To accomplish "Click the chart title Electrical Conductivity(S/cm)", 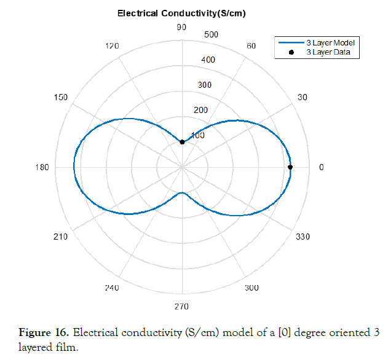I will (181, 13).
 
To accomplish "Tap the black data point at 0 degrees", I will (290, 167).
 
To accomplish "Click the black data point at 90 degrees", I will (182, 142).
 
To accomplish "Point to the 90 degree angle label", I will (181, 27).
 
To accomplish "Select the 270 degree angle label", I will (181, 307).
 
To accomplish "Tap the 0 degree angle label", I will (320, 167).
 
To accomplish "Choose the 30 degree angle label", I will (303, 97).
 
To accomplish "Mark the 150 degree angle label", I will (61, 97).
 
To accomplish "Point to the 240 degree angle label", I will (112, 288).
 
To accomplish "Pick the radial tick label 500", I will (211, 34).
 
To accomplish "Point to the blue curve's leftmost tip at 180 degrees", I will (74, 167).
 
